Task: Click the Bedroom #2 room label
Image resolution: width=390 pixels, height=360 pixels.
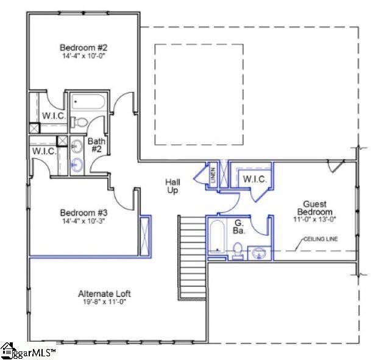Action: (83, 48)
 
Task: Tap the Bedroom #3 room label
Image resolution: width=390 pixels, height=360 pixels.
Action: (83, 213)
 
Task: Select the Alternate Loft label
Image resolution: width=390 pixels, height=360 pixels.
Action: (104, 294)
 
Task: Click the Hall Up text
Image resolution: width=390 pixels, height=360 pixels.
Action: (172, 186)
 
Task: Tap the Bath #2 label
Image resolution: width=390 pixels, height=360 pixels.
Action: (96, 146)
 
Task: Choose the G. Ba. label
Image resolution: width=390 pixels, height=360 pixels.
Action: (239, 227)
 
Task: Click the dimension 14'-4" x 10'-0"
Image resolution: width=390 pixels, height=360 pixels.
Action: (83, 57)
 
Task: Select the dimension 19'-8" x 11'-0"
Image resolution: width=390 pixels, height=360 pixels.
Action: (104, 303)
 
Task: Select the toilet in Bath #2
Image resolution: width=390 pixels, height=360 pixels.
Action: (79, 122)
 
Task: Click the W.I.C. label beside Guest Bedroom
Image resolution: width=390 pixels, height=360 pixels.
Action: (253, 179)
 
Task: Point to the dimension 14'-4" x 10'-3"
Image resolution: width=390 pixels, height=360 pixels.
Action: (83, 222)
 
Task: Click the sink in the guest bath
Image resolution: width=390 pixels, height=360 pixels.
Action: (258, 252)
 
